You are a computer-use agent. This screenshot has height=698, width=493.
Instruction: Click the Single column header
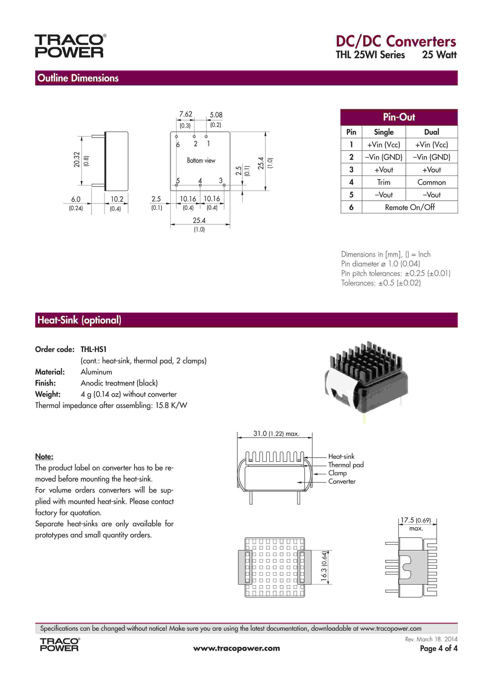[x=383, y=132]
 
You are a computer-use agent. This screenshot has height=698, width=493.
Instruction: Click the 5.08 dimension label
[x=216, y=115]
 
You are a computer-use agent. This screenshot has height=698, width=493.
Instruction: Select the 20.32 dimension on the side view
[x=77, y=160]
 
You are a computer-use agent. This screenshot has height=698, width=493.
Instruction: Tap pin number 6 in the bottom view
[x=178, y=145]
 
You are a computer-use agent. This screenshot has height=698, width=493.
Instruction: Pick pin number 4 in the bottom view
[x=200, y=181]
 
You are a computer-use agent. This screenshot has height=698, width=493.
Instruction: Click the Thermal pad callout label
[x=346, y=465]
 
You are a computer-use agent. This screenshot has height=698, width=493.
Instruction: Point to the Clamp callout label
[x=337, y=473]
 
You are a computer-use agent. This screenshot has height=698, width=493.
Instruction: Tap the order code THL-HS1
[x=93, y=349]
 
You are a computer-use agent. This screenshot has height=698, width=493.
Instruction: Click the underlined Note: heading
[x=44, y=456]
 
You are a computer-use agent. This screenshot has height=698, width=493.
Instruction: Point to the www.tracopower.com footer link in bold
[x=236, y=648]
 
